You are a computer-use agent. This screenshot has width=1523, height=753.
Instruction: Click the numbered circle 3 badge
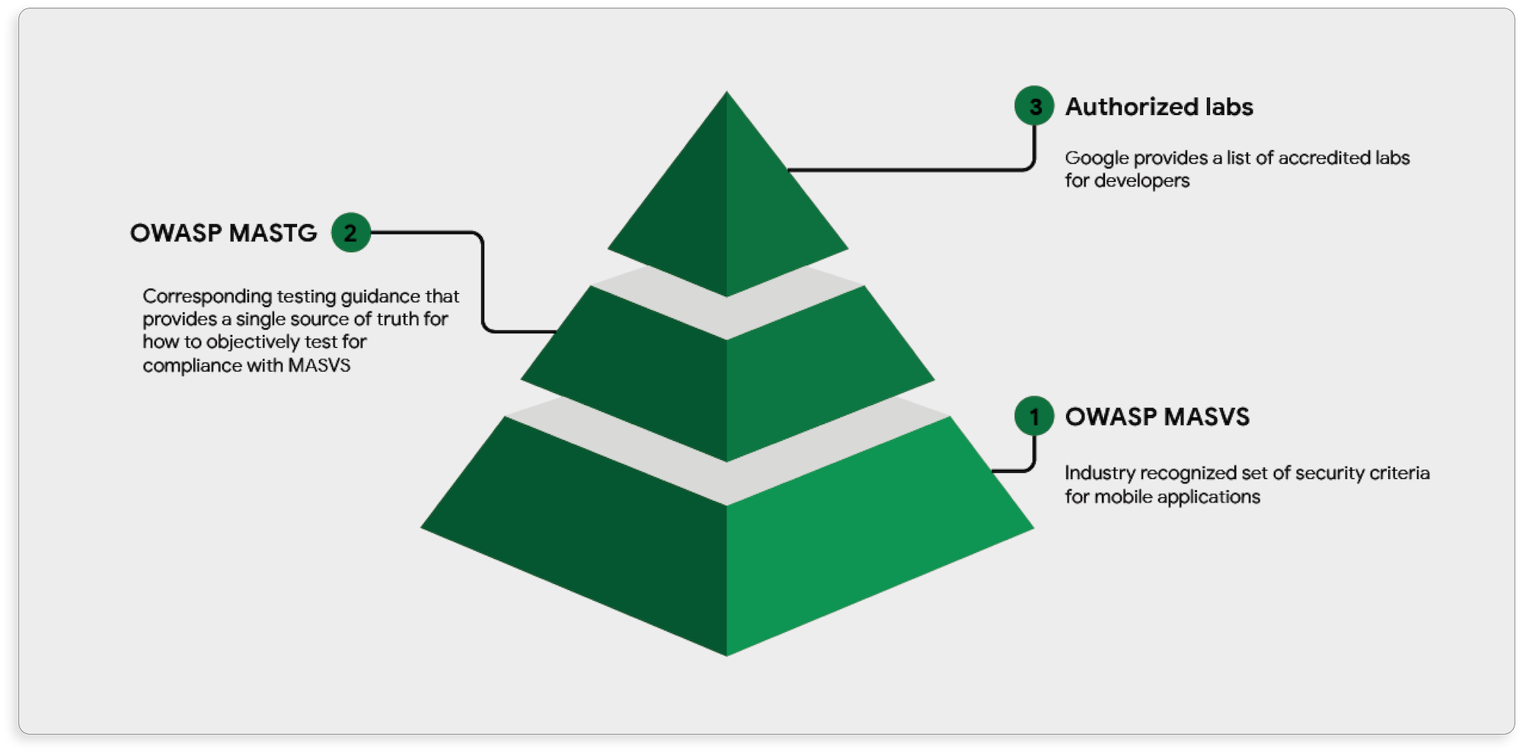[1034, 106]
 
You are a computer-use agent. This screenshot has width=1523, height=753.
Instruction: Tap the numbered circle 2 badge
[350, 232]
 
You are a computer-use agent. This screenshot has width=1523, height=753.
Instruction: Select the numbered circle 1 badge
[1034, 416]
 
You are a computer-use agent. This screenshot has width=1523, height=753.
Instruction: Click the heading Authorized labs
[1158, 107]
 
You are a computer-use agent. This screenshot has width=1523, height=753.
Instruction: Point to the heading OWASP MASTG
[223, 232]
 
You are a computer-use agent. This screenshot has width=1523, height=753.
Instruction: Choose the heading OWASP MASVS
[1157, 416]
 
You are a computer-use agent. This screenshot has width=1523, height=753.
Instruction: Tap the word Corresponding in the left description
[207, 295]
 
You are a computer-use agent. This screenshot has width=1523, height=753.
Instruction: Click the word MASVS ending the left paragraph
[319, 365]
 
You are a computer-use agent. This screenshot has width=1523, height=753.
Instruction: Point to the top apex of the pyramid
[726, 94]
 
